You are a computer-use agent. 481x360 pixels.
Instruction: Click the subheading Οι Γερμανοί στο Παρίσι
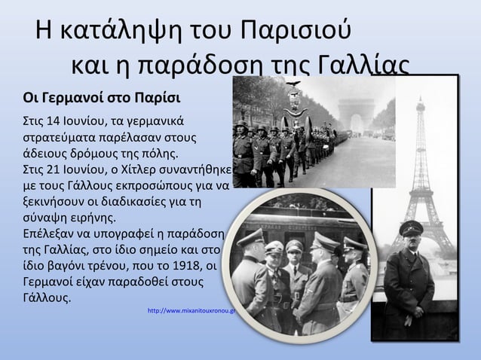pos(102,99)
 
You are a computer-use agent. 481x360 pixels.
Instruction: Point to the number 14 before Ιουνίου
pos(52,122)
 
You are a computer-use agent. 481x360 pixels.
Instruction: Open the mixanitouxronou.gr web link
pos(193,310)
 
